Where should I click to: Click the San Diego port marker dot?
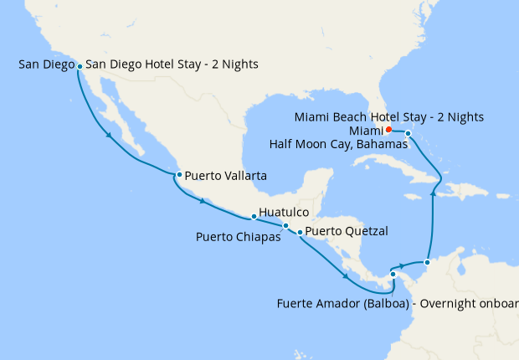pos(79,65)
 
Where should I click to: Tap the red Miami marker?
pos(388,130)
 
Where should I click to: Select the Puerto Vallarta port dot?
pos(179,175)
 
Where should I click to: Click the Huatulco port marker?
pos(254,216)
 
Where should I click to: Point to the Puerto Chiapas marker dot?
pos(285,225)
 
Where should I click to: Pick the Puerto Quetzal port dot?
pos(301,232)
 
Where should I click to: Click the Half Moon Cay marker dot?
pos(408,134)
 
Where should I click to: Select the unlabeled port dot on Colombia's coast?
pos(427,263)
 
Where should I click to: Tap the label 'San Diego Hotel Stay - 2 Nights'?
pos(172,64)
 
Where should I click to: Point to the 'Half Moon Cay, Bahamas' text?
pos(338,144)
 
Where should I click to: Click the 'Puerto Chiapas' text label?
pos(239,237)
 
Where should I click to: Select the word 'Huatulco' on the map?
pos(285,213)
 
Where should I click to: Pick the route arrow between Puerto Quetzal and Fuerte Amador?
pos(345,277)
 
